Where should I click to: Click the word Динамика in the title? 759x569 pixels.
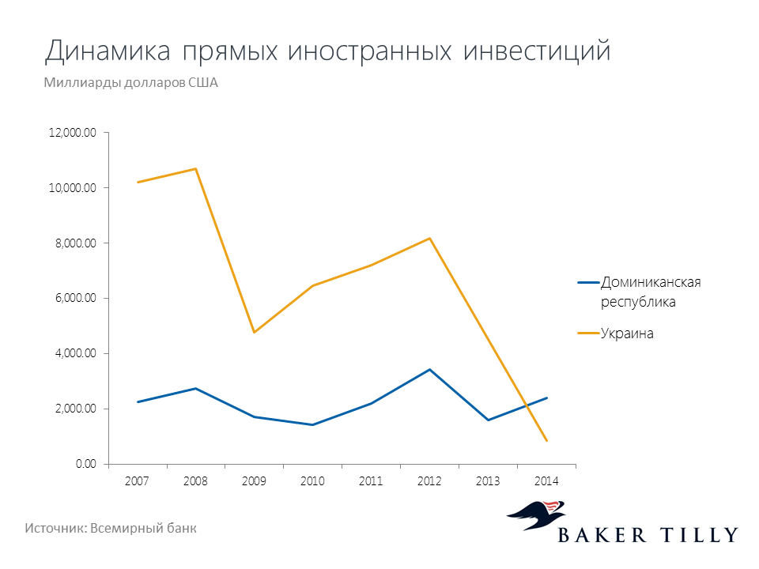[108, 51]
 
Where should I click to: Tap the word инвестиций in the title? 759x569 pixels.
[537, 51]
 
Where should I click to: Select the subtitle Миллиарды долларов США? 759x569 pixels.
[130, 83]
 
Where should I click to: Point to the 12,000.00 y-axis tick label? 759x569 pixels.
[73, 133]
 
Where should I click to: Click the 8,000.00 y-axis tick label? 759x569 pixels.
[76, 243]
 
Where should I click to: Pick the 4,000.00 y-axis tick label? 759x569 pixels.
[76, 354]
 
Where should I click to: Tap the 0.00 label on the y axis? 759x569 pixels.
[86, 464]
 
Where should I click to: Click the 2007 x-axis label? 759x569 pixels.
[137, 481]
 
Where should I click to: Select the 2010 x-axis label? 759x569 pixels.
[313, 481]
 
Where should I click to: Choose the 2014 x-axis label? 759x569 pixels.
[546, 481]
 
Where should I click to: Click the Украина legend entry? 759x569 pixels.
[616, 333]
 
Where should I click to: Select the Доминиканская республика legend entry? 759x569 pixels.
[639, 292]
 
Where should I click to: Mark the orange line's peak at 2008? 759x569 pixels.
[195, 169]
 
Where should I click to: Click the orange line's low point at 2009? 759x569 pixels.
[254, 333]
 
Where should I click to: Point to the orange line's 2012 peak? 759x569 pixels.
[429, 238]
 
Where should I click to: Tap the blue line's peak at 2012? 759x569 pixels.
[429, 370]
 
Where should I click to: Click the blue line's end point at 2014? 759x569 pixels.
[547, 398]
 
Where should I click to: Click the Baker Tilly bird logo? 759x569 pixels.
[536, 514]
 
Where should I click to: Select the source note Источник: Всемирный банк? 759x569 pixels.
[111, 528]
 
